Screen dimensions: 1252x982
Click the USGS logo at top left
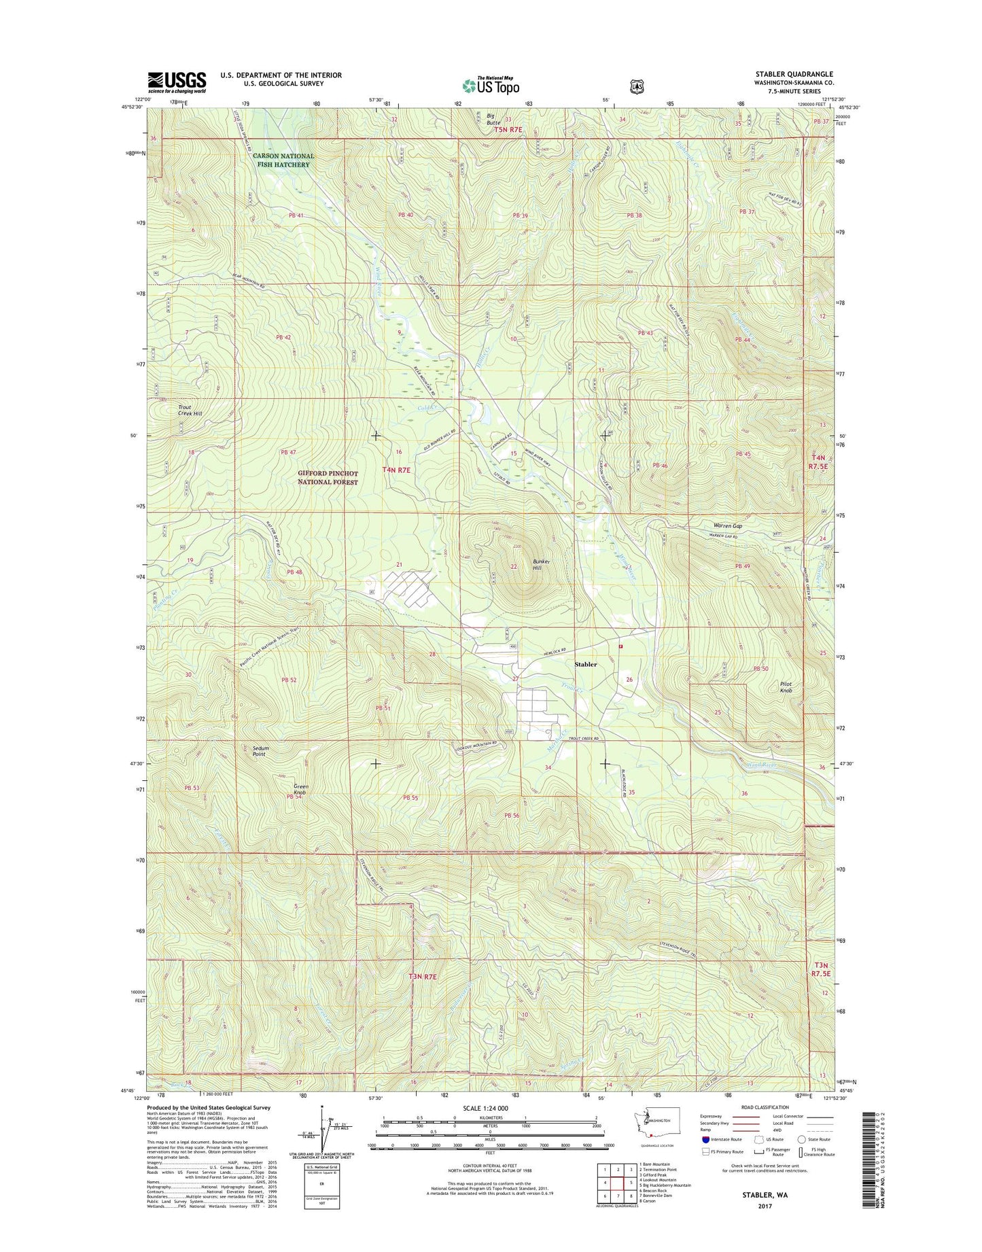click(177, 82)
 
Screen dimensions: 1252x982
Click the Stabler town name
click(585, 664)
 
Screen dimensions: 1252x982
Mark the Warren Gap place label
click(727, 526)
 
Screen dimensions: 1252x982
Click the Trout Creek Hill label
click(190, 411)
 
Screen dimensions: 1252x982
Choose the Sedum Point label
click(260, 751)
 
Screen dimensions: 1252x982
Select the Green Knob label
click(300, 790)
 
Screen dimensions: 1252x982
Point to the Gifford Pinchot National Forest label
click(328, 477)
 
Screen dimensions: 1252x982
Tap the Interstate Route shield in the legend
click(706, 1139)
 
